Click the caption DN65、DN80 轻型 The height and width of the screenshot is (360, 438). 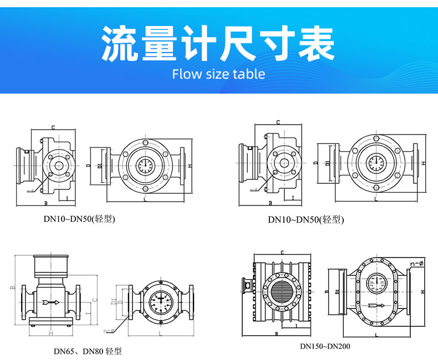pos(88,351)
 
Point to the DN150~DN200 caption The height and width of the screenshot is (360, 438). pos(325,347)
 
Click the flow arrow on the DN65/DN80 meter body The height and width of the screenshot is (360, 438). pos(51,302)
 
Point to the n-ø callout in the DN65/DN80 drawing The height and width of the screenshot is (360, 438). pos(109,331)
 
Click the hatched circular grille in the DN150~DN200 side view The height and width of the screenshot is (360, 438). pos(283,290)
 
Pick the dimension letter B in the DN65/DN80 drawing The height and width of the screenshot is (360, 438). pos(12,288)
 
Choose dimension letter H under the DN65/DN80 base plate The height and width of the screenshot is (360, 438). pos(51,333)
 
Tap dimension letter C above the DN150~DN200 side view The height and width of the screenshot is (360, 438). pos(282,253)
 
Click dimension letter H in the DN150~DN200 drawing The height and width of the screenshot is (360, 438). pos(422,291)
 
